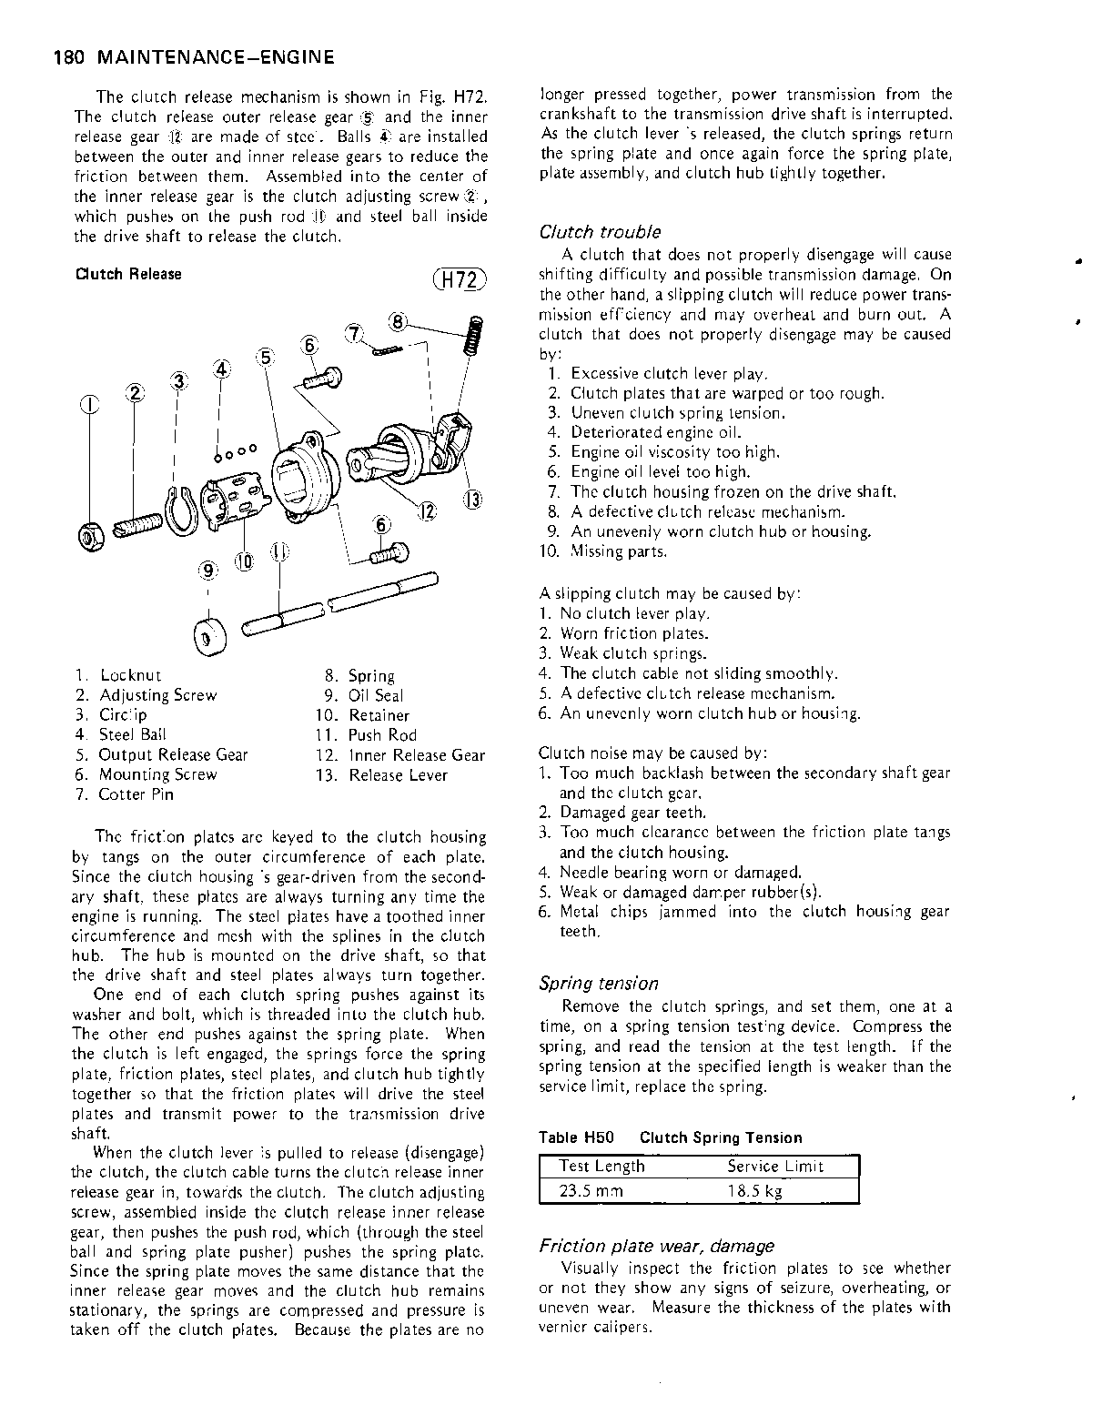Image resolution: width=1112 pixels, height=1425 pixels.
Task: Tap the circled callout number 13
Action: click(x=473, y=498)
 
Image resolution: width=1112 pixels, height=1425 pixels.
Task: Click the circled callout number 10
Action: click(x=244, y=562)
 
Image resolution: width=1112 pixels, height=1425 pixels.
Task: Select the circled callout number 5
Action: click(x=266, y=357)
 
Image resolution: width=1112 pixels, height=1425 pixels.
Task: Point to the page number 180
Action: click(x=69, y=58)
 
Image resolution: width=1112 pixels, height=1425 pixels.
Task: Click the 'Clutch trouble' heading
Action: click(x=600, y=232)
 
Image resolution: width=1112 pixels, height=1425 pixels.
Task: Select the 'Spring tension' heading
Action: click(x=598, y=983)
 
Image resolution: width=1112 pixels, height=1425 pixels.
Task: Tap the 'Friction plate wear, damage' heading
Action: click(x=656, y=1245)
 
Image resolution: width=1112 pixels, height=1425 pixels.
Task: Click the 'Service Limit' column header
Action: click(x=775, y=1167)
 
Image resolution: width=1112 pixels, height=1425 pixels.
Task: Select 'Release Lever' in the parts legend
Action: click(x=398, y=775)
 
